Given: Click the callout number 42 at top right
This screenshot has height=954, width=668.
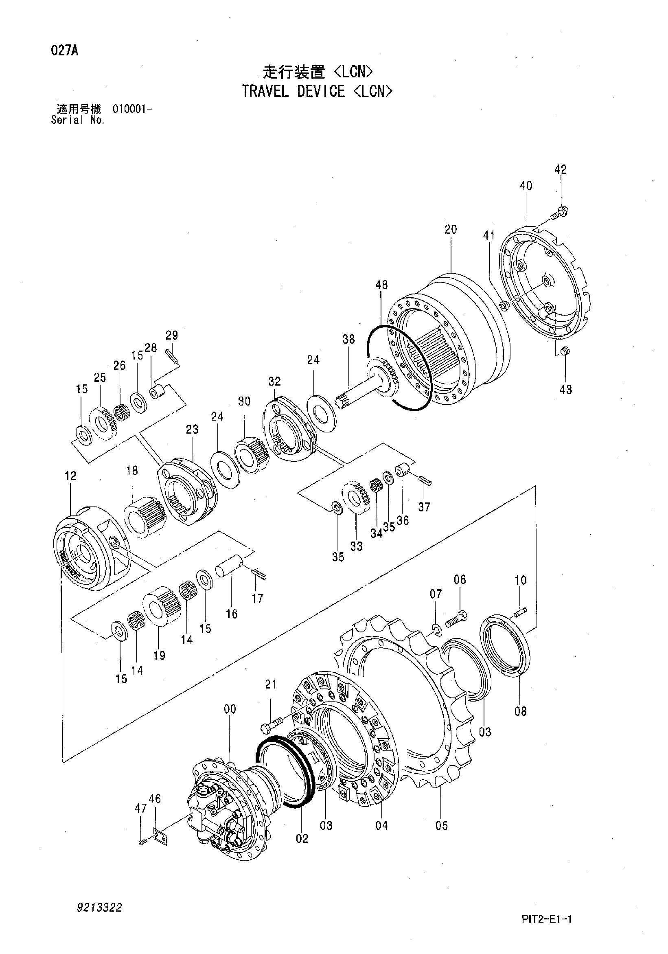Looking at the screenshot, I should pyautogui.click(x=560, y=169).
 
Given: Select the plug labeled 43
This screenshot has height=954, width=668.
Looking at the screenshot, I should pyautogui.click(x=565, y=351).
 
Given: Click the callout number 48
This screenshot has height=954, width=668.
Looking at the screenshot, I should pyautogui.click(x=381, y=285).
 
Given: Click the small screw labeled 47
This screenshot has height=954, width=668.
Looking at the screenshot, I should pyautogui.click(x=142, y=841).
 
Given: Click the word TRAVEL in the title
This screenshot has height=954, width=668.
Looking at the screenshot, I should pyautogui.click(x=265, y=91).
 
